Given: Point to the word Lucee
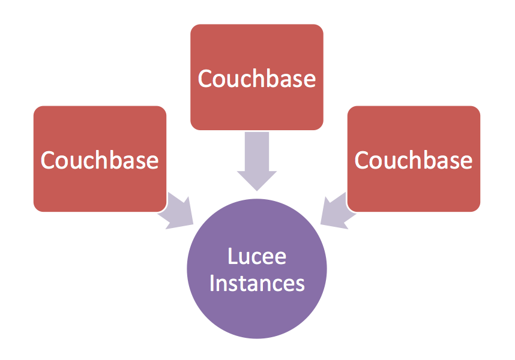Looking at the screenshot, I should (257, 257).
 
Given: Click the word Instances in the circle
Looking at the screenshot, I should (257, 283).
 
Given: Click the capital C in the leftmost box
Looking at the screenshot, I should (49, 160).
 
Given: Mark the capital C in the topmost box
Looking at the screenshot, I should (206, 79).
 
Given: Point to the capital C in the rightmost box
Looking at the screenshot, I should (363, 160).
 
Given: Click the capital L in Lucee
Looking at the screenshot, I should (232, 257).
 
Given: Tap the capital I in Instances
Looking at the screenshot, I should (212, 283).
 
